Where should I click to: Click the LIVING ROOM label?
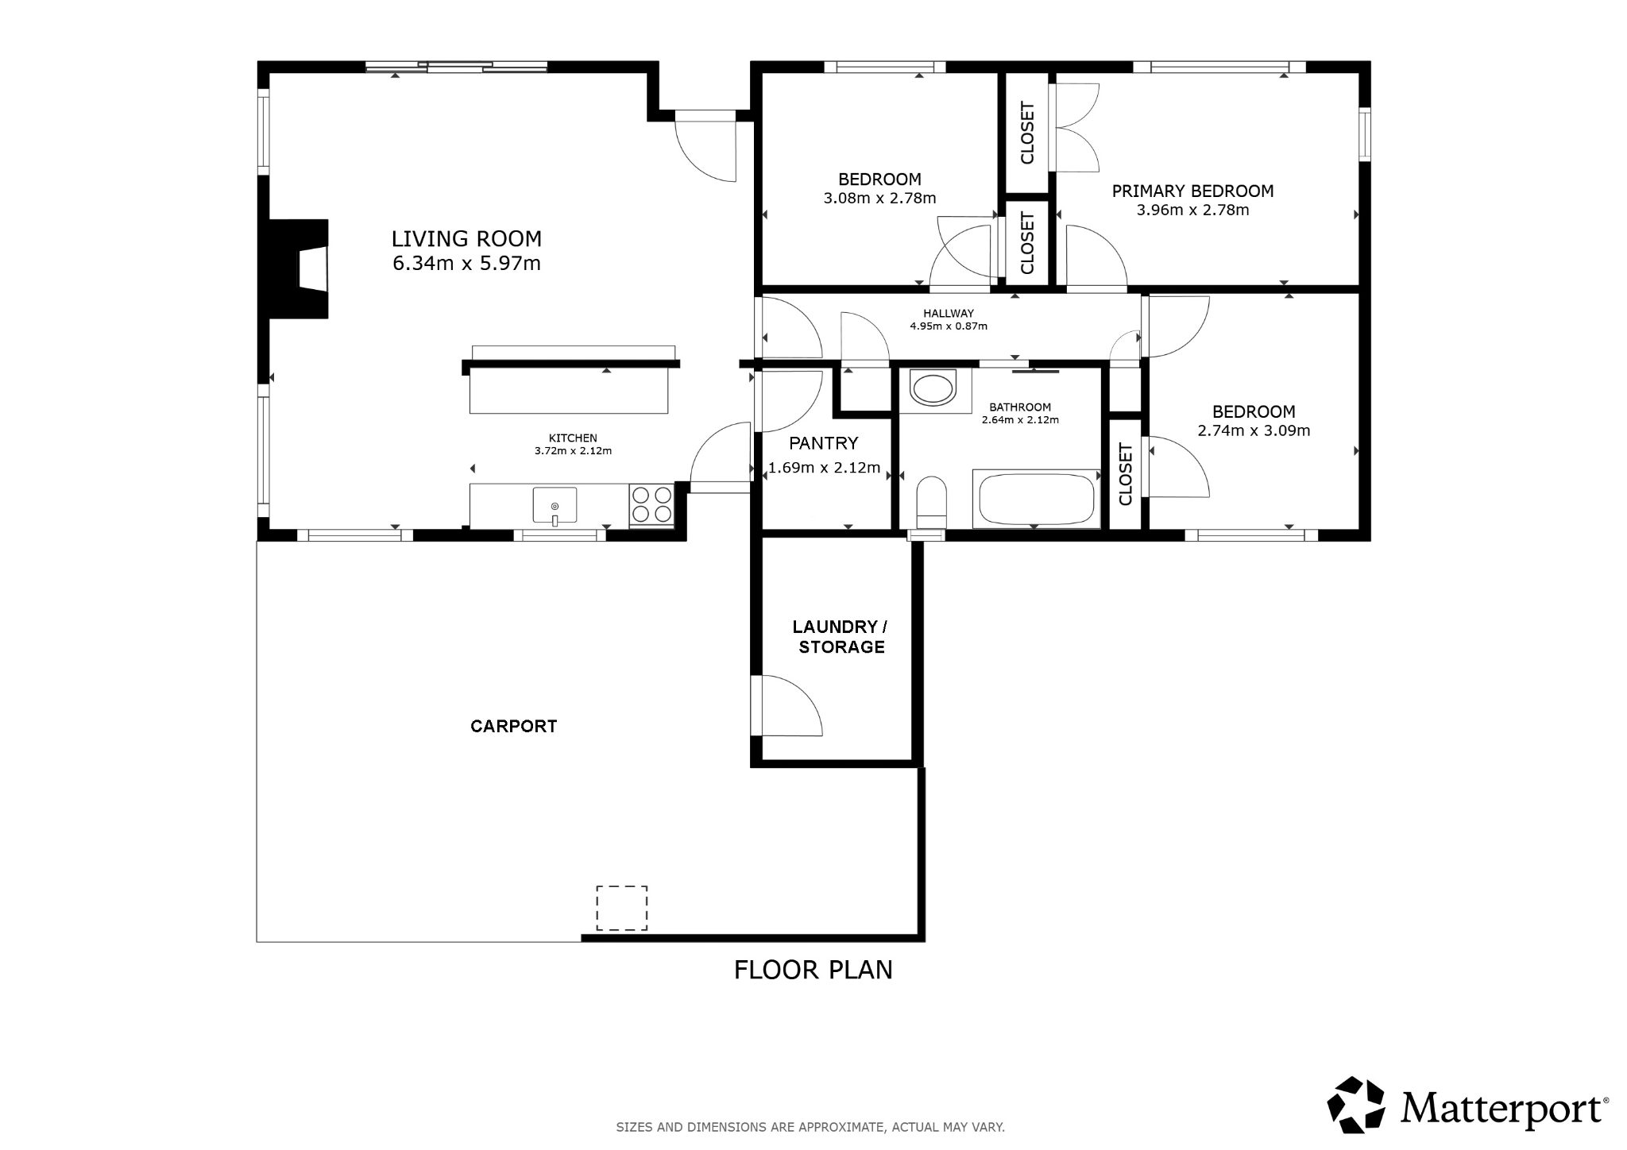click(x=466, y=238)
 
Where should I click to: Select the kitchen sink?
click(x=555, y=507)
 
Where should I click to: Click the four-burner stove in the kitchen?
click(x=651, y=504)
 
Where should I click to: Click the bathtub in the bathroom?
click(x=1036, y=499)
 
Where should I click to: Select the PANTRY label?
click(x=823, y=443)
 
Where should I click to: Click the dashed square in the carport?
click(x=621, y=908)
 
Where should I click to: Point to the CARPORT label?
click(x=514, y=726)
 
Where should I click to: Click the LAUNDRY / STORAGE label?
click(x=841, y=637)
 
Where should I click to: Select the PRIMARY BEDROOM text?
click(x=1192, y=191)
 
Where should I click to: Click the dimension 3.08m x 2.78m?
click(x=879, y=199)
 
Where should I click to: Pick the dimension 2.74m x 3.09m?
click(x=1254, y=431)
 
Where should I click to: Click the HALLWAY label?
click(x=949, y=314)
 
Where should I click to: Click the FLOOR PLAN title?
click(x=813, y=970)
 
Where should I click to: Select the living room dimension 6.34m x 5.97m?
click(x=466, y=263)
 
